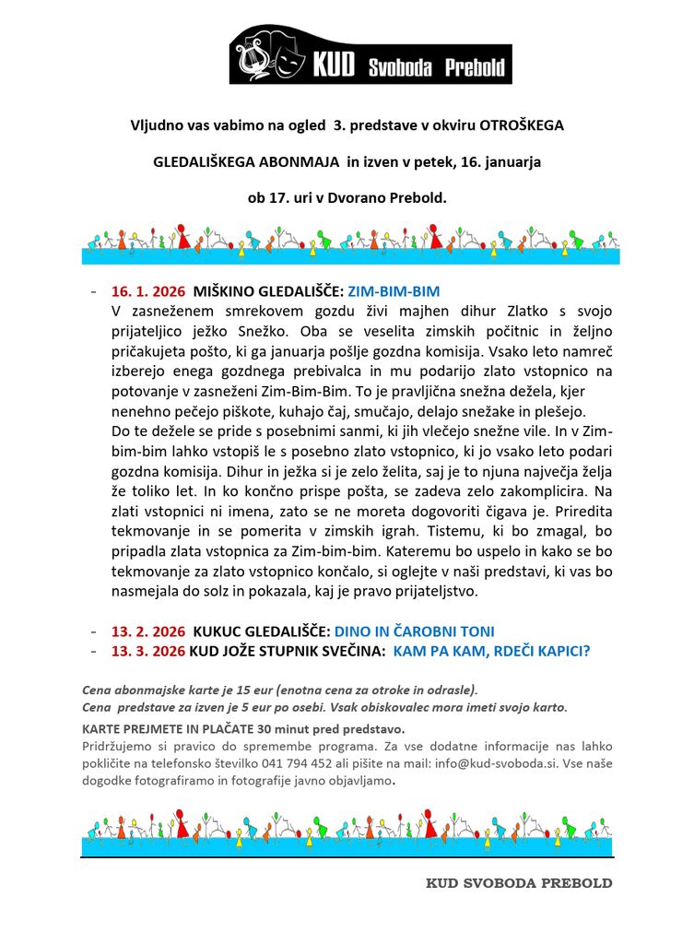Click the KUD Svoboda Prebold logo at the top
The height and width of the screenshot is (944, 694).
click(371, 55)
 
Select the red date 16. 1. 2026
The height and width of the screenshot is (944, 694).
click(147, 290)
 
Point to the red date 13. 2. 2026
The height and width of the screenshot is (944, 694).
click(147, 631)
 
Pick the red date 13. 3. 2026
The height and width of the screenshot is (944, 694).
click(147, 651)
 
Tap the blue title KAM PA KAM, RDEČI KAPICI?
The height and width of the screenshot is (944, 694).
click(491, 651)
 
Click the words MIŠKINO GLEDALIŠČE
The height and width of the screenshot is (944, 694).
click(268, 290)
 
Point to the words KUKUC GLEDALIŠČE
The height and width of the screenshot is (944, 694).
click(262, 631)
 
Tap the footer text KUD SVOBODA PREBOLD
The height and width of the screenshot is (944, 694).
click(519, 882)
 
